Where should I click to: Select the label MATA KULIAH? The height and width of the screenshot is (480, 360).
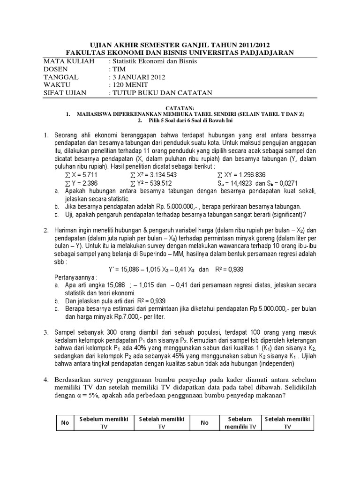pos(69,61)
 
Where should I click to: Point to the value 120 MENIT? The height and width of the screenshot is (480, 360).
pos(130,85)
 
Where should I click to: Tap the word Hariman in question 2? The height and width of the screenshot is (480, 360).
pos(67,231)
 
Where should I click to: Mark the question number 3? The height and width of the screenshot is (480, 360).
pos(46,332)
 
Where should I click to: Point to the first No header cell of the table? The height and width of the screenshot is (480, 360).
pos(65,423)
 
